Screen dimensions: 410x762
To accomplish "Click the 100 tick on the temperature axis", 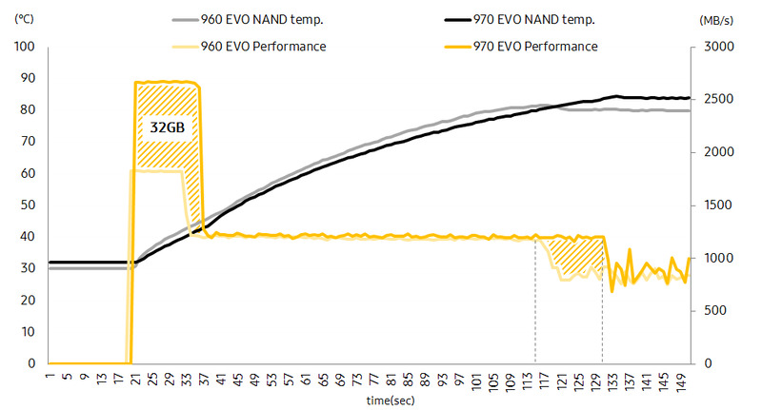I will tap(26, 47).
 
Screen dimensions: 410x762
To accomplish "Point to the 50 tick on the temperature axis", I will tap(29, 205).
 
